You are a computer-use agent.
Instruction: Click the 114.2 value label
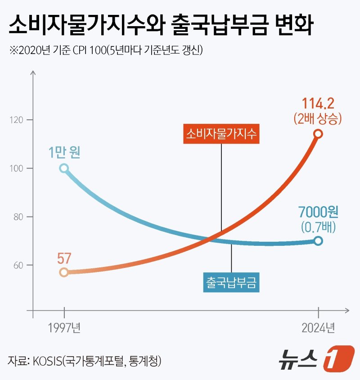tap(318, 104)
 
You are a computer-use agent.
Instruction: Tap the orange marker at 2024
tap(318, 134)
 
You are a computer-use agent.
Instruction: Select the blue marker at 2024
tap(318, 240)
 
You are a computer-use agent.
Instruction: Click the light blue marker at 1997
tap(64, 168)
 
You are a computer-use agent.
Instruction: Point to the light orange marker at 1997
tap(64, 272)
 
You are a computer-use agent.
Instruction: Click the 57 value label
tap(64, 258)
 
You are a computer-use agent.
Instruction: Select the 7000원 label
tap(318, 212)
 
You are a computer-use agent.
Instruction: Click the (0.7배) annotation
tap(318, 226)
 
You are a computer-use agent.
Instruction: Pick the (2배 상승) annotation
tap(318, 119)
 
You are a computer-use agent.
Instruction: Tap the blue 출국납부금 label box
tap(231, 282)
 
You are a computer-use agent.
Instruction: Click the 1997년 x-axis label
tap(64, 327)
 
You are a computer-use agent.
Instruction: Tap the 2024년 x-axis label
tap(318, 327)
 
